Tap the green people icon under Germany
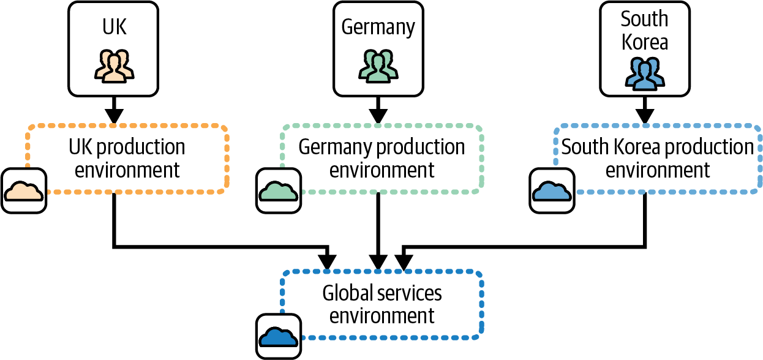[378, 65]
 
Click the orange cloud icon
[23, 191]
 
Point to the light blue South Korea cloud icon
[552, 191]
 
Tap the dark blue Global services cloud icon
[279, 336]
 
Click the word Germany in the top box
[378, 28]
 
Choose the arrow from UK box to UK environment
[114, 110]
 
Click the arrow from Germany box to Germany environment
[378, 110]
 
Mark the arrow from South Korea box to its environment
[644, 110]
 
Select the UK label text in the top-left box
[114, 28]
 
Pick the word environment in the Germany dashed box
[382, 170]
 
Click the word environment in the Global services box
[382, 316]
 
